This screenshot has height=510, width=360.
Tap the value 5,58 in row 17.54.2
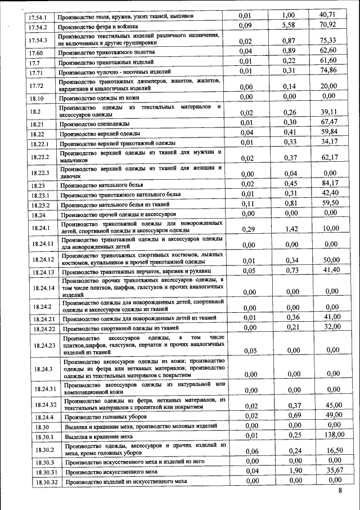pos(289,25)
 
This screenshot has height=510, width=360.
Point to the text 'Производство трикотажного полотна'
pos(107,52)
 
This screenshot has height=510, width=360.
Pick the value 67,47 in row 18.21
pos(329,122)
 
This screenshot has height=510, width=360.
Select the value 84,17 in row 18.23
pos(330,183)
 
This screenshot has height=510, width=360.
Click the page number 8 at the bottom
pos(340,491)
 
